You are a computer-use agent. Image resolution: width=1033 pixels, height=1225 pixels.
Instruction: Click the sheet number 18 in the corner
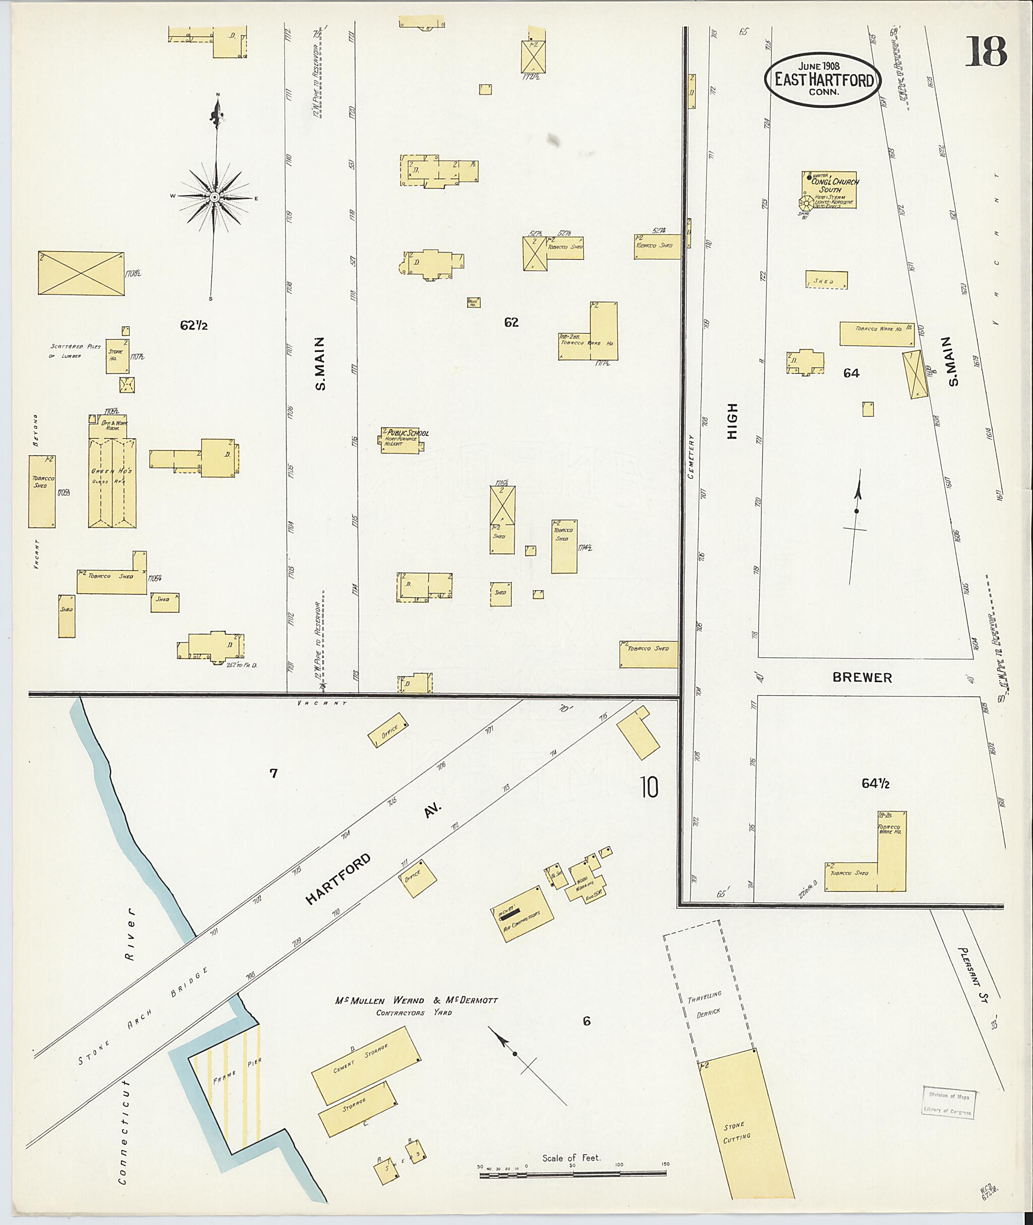[x=986, y=51]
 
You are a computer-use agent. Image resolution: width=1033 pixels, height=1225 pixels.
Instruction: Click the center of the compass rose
[x=214, y=197]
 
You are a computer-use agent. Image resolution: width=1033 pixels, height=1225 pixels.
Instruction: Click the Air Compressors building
[x=522, y=914]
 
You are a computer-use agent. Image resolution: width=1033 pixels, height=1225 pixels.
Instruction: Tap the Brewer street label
[x=862, y=677]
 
